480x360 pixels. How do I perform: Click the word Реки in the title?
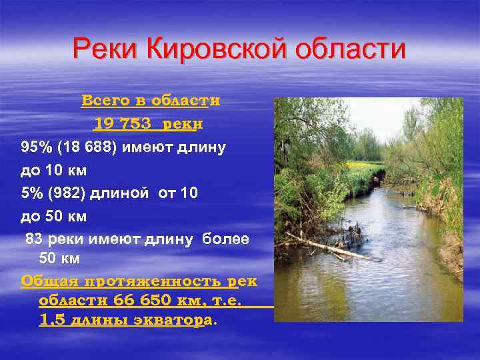pos(103,49)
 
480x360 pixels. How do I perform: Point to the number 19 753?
pos(124,124)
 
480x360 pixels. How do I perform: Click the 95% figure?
pos(35,147)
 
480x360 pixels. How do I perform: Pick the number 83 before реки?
pos(35,239)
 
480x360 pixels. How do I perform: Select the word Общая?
pos(46,281)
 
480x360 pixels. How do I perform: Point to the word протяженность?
pos(149,281)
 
